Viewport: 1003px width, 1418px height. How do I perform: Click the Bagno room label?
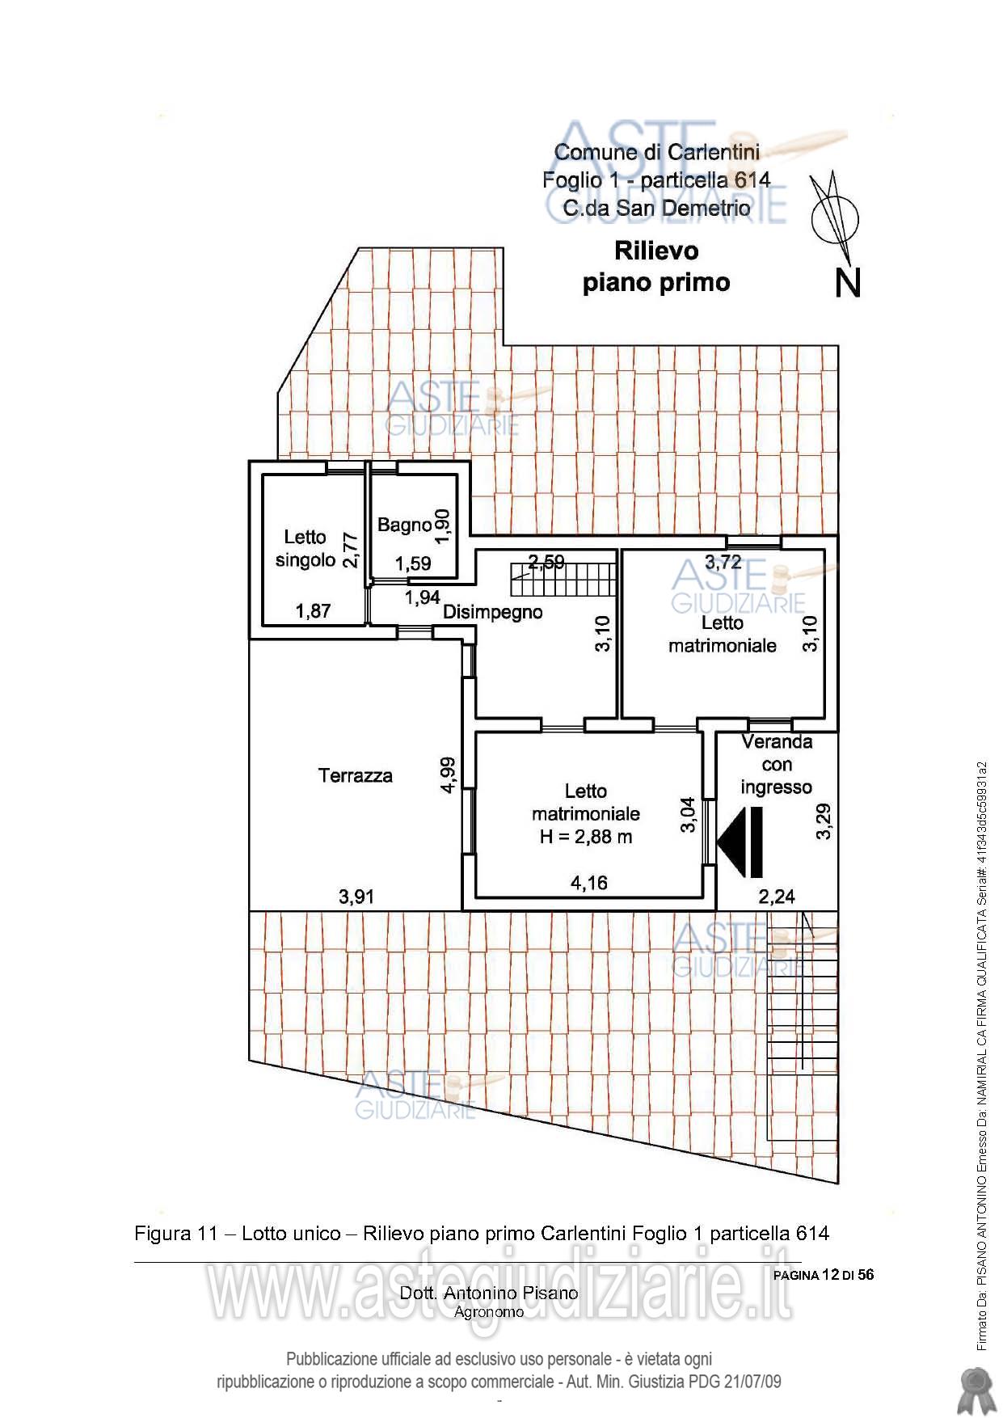[404, 525]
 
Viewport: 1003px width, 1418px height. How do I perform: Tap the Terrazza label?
[356, 776]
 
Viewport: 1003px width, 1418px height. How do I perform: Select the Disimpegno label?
[492, 613]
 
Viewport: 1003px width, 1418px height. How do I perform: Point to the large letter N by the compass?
[847, 282]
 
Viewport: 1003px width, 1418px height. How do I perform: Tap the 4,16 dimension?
[589, 883]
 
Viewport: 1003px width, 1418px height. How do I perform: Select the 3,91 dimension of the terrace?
[356, 897]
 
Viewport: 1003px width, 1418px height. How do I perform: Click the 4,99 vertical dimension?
[448, 774]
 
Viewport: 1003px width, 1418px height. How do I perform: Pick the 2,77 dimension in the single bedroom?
[350, 550]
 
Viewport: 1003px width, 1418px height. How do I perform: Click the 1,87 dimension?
[314, 611]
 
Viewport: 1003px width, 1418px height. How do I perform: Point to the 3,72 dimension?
[723, 562]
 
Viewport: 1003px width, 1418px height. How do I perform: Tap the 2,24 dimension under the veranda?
[777, 897]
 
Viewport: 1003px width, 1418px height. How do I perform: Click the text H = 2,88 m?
[586, 838]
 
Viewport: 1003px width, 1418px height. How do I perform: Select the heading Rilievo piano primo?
[656, 267]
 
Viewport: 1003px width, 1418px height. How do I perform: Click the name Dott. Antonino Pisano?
[489, 1293]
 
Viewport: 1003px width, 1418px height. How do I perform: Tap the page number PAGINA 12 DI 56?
[824, 1275]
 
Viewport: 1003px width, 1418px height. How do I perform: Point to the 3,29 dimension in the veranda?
[824, 821]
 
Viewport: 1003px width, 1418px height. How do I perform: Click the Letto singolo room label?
[306, 549]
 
